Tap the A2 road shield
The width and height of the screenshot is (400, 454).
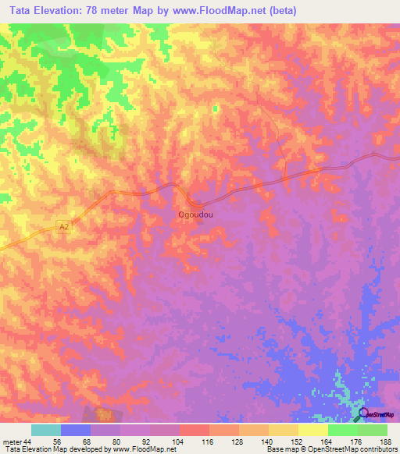pyautogui.click(x=65, y=226)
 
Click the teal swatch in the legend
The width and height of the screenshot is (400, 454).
pyautogui.click(x=45, y=430)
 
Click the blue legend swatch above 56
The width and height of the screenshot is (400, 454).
pyautogui.click(x=75, y=430)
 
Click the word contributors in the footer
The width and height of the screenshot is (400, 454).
pyautogui.click(x=378, y=449)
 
